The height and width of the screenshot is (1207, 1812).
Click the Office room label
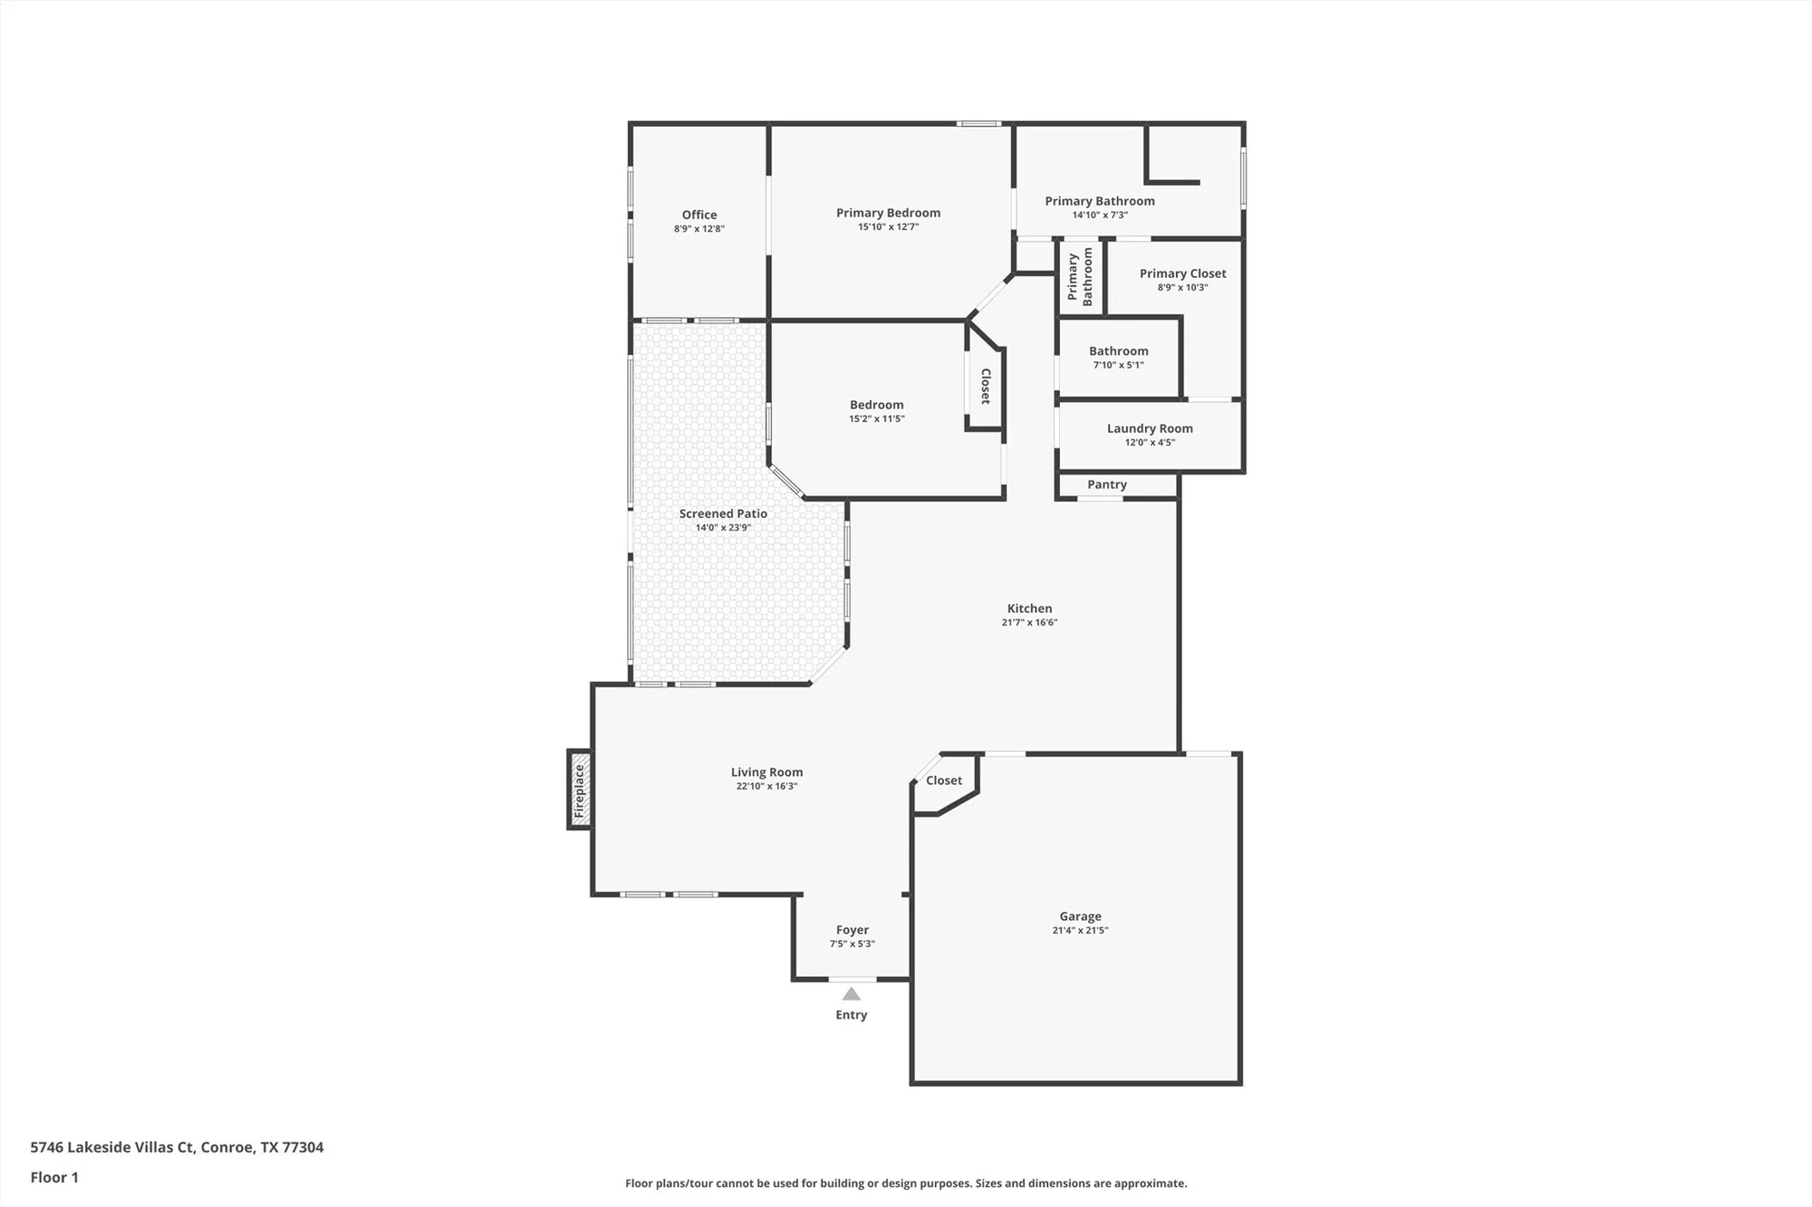tap(699, 215)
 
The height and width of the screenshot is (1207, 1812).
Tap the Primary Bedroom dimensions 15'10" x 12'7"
tap(888, 226)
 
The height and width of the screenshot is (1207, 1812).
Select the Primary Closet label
tap(1182, 273)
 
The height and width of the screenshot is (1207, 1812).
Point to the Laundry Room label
tap(1149, 428)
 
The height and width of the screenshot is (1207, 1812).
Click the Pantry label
tap(1106, 484)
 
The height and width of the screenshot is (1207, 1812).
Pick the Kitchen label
tap(1029, 608)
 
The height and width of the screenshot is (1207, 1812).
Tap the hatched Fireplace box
tap(580, 790)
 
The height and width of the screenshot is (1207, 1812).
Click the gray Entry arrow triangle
tap(851, 994)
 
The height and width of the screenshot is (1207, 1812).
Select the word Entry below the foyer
tap(851, 1015)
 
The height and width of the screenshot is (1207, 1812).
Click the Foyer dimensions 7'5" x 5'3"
tap(852, 944)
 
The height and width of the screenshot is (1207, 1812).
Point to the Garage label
tap(1080, 916)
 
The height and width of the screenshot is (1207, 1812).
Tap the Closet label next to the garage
tap(943, 781)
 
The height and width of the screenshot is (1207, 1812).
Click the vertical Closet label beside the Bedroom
tap(986, 386)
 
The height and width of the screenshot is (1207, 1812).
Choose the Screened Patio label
tap(723, 513)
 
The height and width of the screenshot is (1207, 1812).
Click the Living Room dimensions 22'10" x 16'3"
tap(766, 786)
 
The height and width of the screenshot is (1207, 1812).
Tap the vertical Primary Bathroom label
tap(1080, 277)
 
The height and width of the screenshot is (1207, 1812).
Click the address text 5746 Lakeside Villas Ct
tap(177, 1147)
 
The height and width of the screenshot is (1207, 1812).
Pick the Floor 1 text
tap(54, 1177)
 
